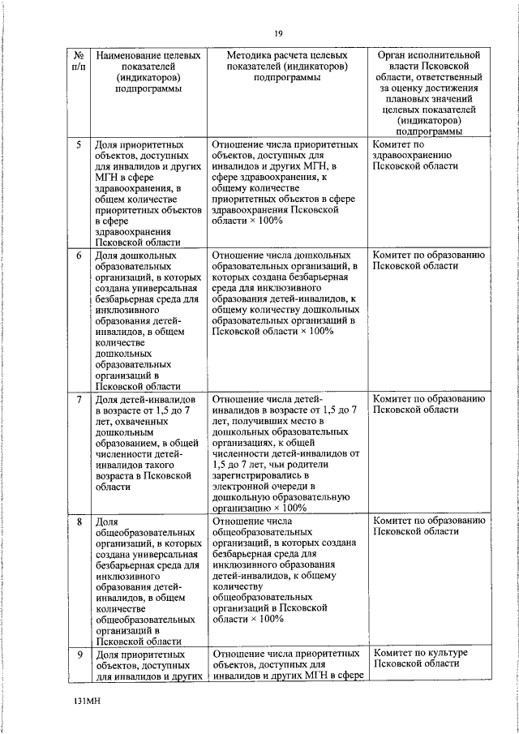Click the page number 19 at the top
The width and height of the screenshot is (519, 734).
(x=277, y=32)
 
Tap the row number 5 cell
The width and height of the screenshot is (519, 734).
(x=78, y=144)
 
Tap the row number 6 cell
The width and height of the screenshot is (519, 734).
(x=78, y=255)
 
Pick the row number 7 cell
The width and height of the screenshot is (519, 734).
(x=78, y=400)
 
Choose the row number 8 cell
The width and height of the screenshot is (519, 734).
(x=78, y=520)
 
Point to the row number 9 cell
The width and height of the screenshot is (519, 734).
(x=78, y=654)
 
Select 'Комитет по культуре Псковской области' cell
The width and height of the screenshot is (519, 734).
(x=419, y=659)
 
